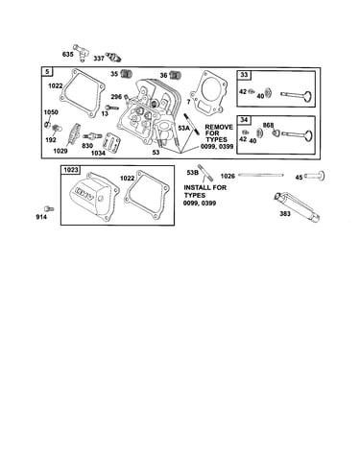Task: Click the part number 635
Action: [68, 55]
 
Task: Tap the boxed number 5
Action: [47, 72]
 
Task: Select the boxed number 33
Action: [244, 75]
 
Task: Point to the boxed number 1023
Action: [71, 170]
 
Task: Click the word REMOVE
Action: [219, 127]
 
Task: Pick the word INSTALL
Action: [196, 187]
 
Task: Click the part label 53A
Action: [184, 128]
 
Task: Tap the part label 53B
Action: [193, 173]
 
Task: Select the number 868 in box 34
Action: [268, 125]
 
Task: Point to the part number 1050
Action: [51, 112]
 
